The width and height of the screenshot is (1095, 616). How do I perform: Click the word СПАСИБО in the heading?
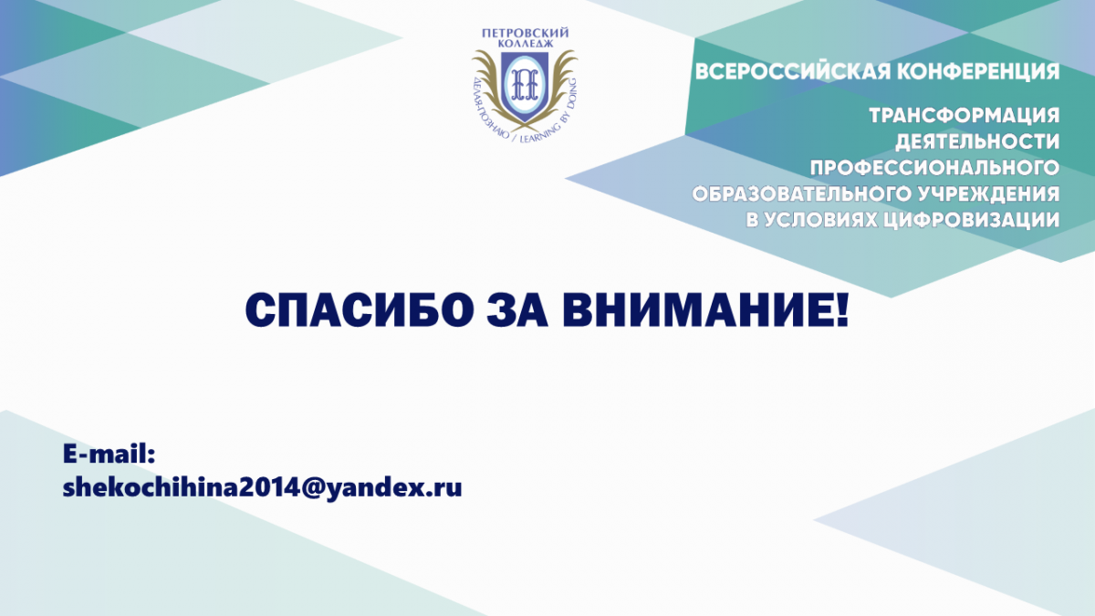point(360,310)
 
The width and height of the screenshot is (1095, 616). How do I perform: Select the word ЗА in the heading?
point(516,310)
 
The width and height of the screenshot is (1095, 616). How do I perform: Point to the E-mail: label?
point(109,454)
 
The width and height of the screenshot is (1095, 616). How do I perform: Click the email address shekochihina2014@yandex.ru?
point(262,487)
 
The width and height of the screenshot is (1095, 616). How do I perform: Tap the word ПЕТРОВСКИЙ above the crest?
point(525,33)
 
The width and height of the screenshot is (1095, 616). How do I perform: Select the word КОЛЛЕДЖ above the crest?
point(525,44)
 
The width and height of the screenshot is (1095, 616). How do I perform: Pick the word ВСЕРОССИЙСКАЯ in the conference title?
point(792,72)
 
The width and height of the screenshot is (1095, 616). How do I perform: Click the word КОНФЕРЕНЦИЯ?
point(978,72)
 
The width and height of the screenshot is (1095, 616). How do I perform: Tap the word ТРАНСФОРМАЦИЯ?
point(964,116)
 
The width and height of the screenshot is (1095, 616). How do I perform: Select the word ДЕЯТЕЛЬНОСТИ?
point(977,142)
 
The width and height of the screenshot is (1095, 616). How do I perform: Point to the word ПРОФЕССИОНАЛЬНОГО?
point(934,168)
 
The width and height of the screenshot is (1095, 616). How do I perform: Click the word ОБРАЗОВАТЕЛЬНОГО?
point(802,194)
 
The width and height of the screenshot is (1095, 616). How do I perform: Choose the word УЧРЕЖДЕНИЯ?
point(989,194)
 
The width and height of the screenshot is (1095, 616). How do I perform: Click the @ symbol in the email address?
point(312,488)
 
